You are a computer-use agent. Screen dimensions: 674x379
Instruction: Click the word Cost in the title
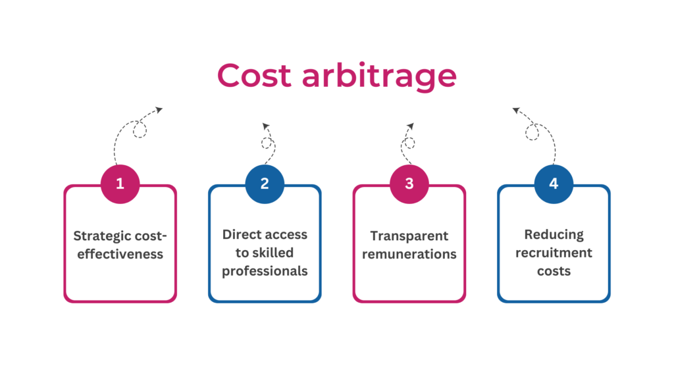point(254,75)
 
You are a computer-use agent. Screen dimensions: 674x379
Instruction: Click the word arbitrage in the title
point(379,76)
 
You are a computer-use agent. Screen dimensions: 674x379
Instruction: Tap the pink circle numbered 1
point(120,184)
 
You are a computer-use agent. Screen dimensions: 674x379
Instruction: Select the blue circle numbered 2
point(265,184)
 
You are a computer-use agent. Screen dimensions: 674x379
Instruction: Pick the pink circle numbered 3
point(409,184)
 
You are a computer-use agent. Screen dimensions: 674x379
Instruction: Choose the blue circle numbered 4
point(554,184)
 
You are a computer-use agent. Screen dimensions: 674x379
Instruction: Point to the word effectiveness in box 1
point(120,254)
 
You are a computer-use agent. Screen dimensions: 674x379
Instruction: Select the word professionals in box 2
point(265,271)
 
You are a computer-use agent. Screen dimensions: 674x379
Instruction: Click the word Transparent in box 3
point(409,236)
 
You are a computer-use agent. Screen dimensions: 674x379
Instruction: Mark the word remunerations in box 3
point(409,254)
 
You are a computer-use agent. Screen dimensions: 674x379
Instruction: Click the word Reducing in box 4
point(554,235)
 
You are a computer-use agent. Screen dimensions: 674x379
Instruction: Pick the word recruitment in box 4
point(554,253)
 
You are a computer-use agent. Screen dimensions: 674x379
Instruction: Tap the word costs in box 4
point(554,271)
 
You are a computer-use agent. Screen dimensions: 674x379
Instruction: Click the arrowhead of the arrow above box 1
point(159,110)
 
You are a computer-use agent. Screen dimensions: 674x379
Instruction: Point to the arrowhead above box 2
point(266,126)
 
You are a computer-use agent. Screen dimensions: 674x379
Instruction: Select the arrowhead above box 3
point(411,126)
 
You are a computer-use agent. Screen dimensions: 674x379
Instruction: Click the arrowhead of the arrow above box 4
point(516,111)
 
